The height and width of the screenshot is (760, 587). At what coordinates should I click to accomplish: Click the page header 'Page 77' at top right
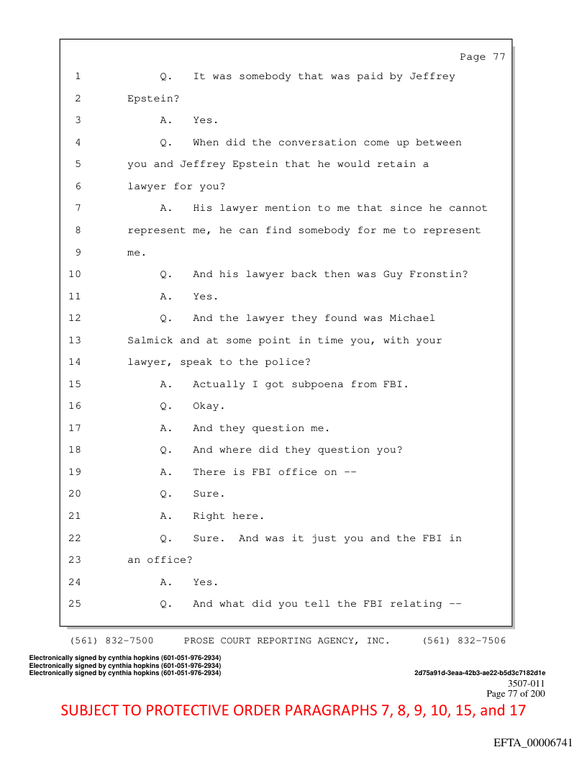click(x=483, y=57)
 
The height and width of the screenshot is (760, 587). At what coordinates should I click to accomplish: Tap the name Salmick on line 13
click(x=150, y=340)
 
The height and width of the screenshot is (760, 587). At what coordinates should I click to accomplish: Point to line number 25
click(x=75, y=604)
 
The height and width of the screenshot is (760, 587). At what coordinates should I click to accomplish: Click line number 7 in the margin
click(x=78, y=208)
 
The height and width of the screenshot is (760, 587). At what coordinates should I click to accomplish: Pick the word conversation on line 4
click(x=317, y=142)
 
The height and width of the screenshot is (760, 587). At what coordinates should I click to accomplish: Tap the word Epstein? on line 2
click(x=153, y=99)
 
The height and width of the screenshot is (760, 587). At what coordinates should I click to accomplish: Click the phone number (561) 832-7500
click(x=112, y=641)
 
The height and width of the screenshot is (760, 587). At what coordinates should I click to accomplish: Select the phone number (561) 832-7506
click(x=464, y=641)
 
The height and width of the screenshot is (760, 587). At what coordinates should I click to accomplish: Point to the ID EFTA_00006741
click(x=533, y=743)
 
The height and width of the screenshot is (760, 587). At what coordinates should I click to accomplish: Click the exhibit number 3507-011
click(x=526, y=684)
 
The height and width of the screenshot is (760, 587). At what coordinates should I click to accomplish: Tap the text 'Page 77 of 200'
click(x=515, y=694)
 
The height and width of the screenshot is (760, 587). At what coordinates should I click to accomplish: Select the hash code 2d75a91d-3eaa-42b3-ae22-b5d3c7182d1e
click(x=480, y=673)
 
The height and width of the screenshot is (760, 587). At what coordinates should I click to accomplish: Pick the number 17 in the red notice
click(x=517, y=710)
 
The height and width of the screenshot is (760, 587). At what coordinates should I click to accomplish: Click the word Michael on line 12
click(x=412, y=318)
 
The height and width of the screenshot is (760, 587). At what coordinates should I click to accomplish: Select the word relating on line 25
click(x=416, y=605)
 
